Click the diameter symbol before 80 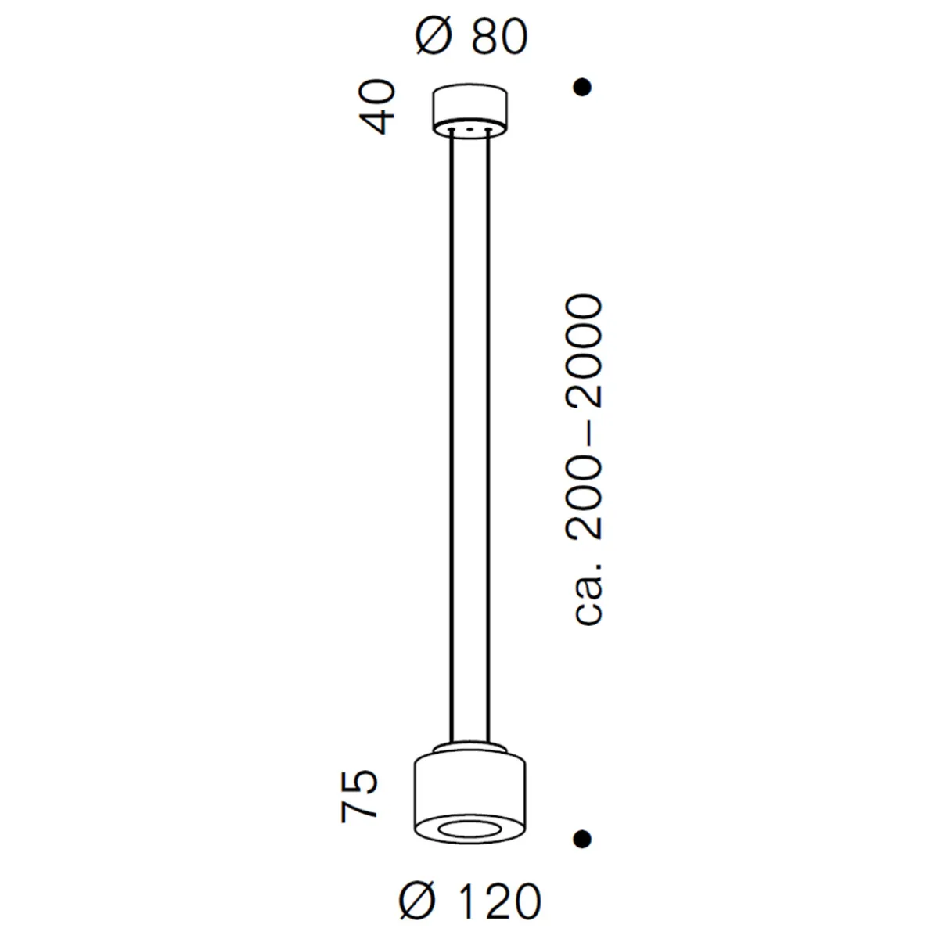coord(433,37)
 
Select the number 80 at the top coord(498,37)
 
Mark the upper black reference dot coord(581,88)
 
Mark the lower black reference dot coord(581,839)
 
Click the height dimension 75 coord(361,796)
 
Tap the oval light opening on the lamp coord(469,829)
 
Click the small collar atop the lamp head coord(469,747)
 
